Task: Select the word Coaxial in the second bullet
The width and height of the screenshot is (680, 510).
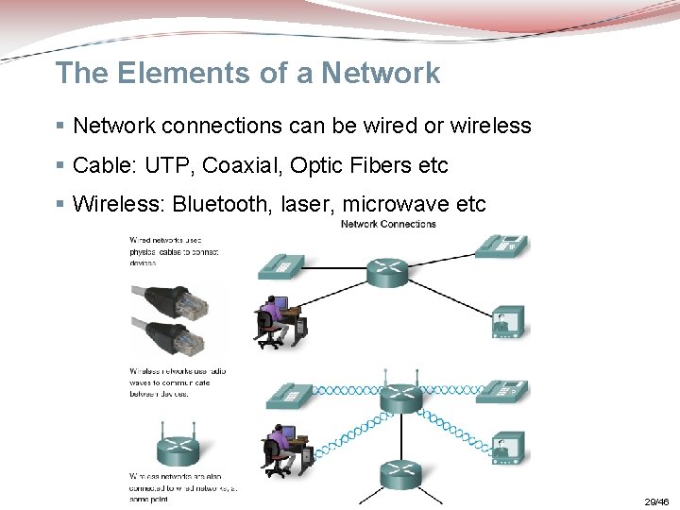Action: click(246, 165)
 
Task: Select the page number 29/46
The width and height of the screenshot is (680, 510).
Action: click(656, 502)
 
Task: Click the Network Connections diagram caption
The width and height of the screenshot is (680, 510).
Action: click(388, 224)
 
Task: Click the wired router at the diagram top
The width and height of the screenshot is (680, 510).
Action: click(385, 271)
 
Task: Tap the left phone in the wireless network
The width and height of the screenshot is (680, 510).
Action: click(288, 396)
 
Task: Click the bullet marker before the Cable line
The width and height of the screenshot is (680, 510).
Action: click(60, 165)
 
